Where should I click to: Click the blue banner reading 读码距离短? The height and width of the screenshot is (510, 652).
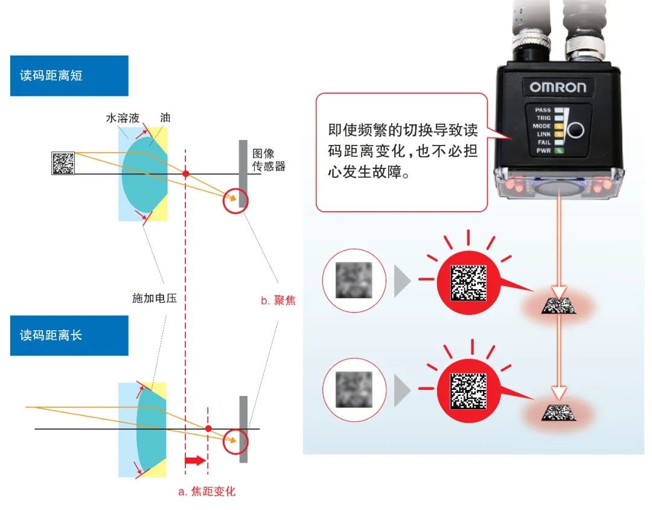pos(69,76)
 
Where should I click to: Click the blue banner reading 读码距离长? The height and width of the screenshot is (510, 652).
pos(69,336)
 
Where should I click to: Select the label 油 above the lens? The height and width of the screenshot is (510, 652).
pos(165,118)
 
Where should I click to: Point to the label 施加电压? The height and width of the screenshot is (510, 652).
pos(155,298)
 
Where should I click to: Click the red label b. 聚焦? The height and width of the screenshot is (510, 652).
pos(278,300)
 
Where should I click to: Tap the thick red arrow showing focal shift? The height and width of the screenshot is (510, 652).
pos(195,460)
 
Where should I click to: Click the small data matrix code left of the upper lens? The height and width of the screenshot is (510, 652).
pos(63,163)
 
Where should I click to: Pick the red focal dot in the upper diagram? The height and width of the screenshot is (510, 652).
pos(186,174)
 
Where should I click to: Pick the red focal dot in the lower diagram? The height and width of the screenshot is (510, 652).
pos(208,428)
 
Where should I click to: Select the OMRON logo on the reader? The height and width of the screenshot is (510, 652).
pos(557,87)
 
